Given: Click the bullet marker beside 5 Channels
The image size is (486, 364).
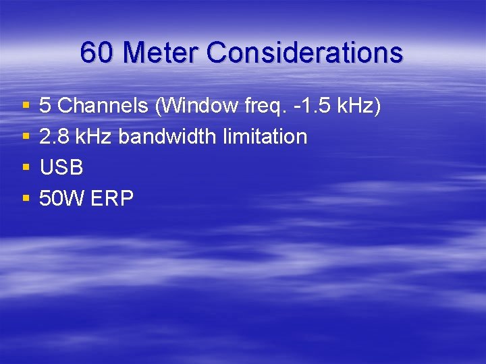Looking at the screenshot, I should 26,106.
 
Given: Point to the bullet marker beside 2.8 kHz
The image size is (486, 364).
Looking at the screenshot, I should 26,137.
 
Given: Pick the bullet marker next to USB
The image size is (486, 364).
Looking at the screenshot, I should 26,168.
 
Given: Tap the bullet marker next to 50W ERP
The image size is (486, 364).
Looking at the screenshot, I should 26,199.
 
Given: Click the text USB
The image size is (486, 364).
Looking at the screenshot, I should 61,168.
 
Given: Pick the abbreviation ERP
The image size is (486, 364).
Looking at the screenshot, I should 112,199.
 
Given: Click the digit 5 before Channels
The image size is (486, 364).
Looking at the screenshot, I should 45,106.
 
